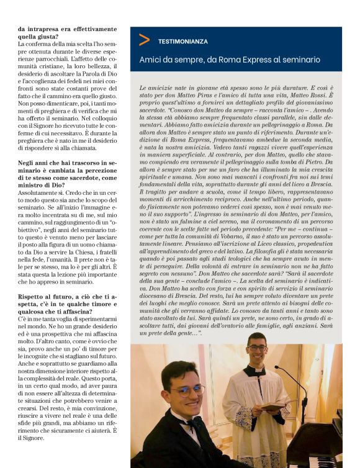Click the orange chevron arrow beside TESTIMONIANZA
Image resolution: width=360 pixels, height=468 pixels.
pyautogui.click(x=144, y=40)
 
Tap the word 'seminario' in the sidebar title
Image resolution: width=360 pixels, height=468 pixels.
pyautogui.click(x=301, y=60)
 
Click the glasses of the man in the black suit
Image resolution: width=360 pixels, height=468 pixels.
pyautogui.click(x=187, y=391)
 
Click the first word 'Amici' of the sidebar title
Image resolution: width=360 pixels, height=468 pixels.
pyautogui.click(x=151, y=60)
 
